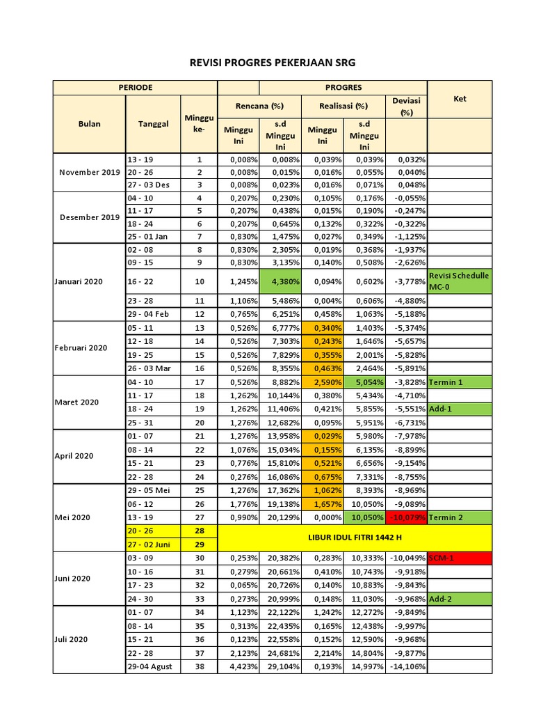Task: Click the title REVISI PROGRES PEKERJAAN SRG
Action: tap(272, 63)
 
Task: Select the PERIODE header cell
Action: tap(136, 88)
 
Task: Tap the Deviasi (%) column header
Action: tap(406, 106)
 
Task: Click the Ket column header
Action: tap(460, 99)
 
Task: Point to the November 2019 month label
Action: tap(89, 172)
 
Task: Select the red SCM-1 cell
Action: tap(460, 558)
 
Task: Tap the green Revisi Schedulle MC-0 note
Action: tap(460, 281)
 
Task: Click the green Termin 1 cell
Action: tap(460, 383)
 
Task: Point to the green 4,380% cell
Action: tap(280, 281)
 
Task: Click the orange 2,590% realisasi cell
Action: tap(322, 383)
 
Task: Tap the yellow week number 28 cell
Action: tap(200, 532)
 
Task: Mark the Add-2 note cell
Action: tap(460, 599)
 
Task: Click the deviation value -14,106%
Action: tap(406, 666)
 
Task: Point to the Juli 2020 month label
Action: tap(72, 639)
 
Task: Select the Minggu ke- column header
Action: tap(200, 124)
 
